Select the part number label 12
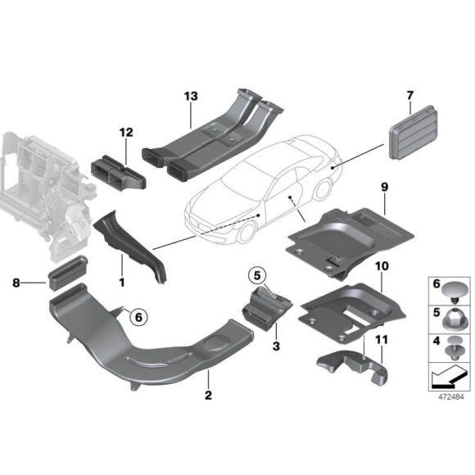click(x=124, y=133)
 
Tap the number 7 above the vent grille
click(x=409, y=97)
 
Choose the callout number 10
click(x=381, y=267)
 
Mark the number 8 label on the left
click(x=16, y=283)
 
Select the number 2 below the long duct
click(x=208, y=396)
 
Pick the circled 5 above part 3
click(x=257, y=274)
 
